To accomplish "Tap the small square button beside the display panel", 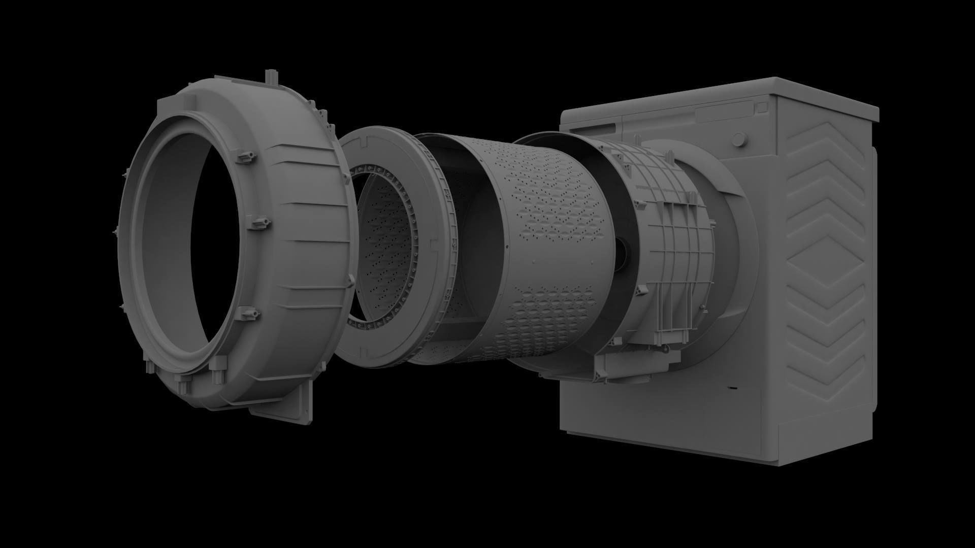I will pyautogui.click(x=762, y=107).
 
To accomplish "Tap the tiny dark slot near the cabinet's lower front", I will pyautogui.click(x=732, y=389).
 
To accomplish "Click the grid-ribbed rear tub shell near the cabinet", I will pyautogui.click(x=675, y=244).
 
